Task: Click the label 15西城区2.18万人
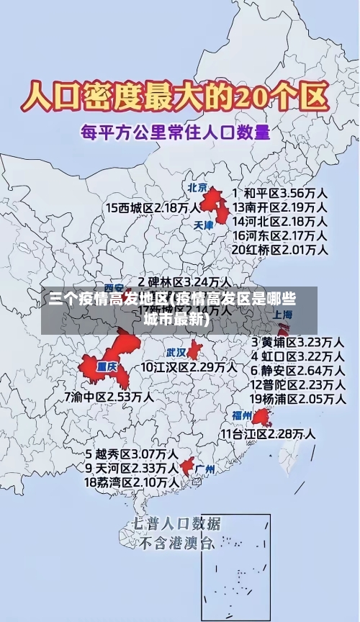tap(153, 207)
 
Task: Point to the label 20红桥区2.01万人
tap(280, 250)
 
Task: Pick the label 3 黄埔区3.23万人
tap(297, 341)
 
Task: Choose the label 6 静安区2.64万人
tap(297, 370)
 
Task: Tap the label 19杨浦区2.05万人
tap(297, 398)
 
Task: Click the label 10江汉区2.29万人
tap(189, 366)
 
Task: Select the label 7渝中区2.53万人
tap(109, 396)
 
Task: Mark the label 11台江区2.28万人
tap(267, 433)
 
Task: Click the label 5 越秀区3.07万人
tap(132, 454)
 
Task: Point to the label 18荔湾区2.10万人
tap(132, 482)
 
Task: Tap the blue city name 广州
tap(205, 469)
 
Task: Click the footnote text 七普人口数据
tap(176, 523)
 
